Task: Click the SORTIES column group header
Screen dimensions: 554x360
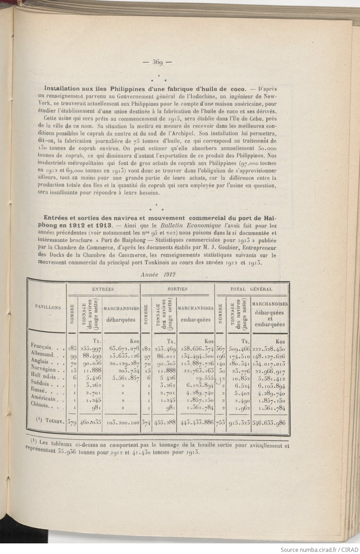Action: click(177, 289)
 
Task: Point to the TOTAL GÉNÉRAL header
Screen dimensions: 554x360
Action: click(251, 289)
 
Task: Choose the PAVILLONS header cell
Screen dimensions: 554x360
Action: click(47, 307)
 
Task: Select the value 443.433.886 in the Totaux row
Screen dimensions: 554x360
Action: click(195, 422)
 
